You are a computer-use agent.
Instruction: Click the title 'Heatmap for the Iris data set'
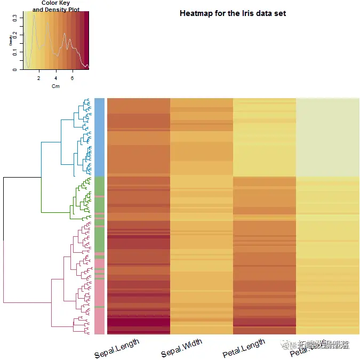pyautogui.click(x=233, y=13)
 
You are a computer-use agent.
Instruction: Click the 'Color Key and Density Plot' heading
pyautogui.click(x=55, y=6)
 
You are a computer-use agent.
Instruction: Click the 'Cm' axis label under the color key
pyautogui.click(x=55, y=86)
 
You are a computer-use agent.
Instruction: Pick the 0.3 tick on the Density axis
pyautogui.click(x=15, y=17)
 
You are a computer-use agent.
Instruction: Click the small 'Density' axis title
pyautogui.click(x=10, y=41)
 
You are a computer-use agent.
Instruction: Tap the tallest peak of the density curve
pyautogui.click(x=34, y=15)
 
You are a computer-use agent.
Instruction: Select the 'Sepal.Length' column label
pyautogui.click(x=117, y=348)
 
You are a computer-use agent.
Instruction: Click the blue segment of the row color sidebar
pyautogui.click(x=99, y=137)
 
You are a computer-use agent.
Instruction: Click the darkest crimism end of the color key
pyautogui.click(x=86, y=41)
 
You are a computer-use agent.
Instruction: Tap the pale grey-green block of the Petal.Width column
pyautogui.click(x=327, y=137)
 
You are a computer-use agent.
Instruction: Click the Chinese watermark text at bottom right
pyautogui.click(x=320, y=345)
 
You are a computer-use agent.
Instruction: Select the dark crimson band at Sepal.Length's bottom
pyautogui.click(x=138, y=322)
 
